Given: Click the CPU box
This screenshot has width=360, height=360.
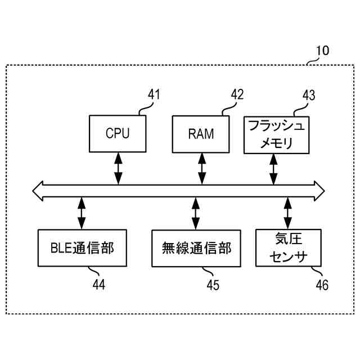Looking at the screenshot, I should pos(118,134).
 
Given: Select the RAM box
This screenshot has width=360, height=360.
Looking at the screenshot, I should pos(201,134).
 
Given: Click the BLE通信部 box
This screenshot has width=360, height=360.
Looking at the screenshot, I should pos(82,247).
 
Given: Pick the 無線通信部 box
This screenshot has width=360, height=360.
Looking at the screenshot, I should pos(196,247).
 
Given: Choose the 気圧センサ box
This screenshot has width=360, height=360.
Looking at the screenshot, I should pos(288,247).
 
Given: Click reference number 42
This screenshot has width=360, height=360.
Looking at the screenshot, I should pos(237,94).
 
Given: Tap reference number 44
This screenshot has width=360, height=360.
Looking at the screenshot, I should pos(98,285).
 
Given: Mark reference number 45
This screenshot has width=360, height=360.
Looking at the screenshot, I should pos(212,285).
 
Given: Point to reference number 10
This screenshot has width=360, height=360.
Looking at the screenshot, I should pos(322,51).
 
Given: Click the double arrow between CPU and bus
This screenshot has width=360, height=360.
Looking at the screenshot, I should pos(118,168).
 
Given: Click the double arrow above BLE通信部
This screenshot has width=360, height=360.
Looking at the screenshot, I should pos(82,213).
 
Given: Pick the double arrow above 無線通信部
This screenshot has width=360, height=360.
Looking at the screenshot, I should pos(196,213).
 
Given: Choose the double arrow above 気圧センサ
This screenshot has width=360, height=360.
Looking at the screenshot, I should pos(288,213).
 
